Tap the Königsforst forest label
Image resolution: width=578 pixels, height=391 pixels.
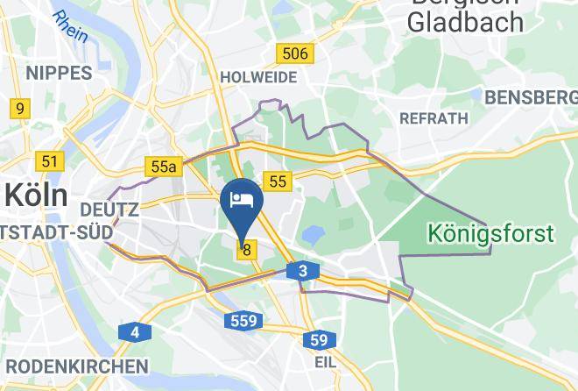tap(490, 233)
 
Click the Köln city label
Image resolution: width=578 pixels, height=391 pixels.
tap(35, 194)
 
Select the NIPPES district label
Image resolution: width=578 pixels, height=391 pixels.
tap(59, 73)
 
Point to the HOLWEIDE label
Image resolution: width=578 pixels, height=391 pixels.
tap(258, 77)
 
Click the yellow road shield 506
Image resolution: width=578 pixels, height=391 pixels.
tap(294, 53)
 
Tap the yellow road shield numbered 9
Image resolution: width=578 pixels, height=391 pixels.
tap(18, 109)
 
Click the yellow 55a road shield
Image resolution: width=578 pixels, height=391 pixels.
tap(164, 167)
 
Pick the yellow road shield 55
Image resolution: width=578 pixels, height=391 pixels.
tap(278, 181)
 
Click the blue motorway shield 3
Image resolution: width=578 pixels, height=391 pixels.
tap(302, 272)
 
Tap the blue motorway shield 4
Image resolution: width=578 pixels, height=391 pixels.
tap(134, 332)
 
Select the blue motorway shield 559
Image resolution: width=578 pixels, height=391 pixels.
tap(243, 321)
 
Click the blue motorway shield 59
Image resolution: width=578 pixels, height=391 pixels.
tap(321, 339)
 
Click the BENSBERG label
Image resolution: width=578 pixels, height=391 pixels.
tap(529, 96)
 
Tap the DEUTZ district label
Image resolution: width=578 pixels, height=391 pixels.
tap(109, 210)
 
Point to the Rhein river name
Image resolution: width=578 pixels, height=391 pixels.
tap(71, 25)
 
